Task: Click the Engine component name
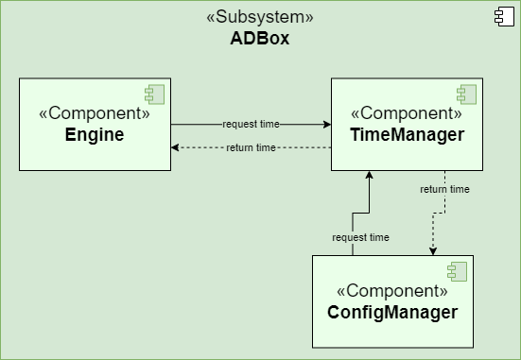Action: coord(95,135)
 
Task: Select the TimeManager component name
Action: coord(407,135)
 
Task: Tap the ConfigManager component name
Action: coord(392,312)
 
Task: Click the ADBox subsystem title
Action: coord(259,39)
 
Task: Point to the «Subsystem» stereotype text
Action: coord(259,18)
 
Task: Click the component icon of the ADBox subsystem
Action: coord(501,15)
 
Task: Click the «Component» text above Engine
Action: coord(95,113)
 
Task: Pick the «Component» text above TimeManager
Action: coord(407,113)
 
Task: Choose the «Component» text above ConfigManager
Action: coord(392,290)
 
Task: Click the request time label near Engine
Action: coord(251,124)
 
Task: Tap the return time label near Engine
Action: coord(251,147)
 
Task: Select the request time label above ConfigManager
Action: coord(360,237)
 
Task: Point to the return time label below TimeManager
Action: coord(444,189)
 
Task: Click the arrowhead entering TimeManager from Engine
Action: coord(325,124)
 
